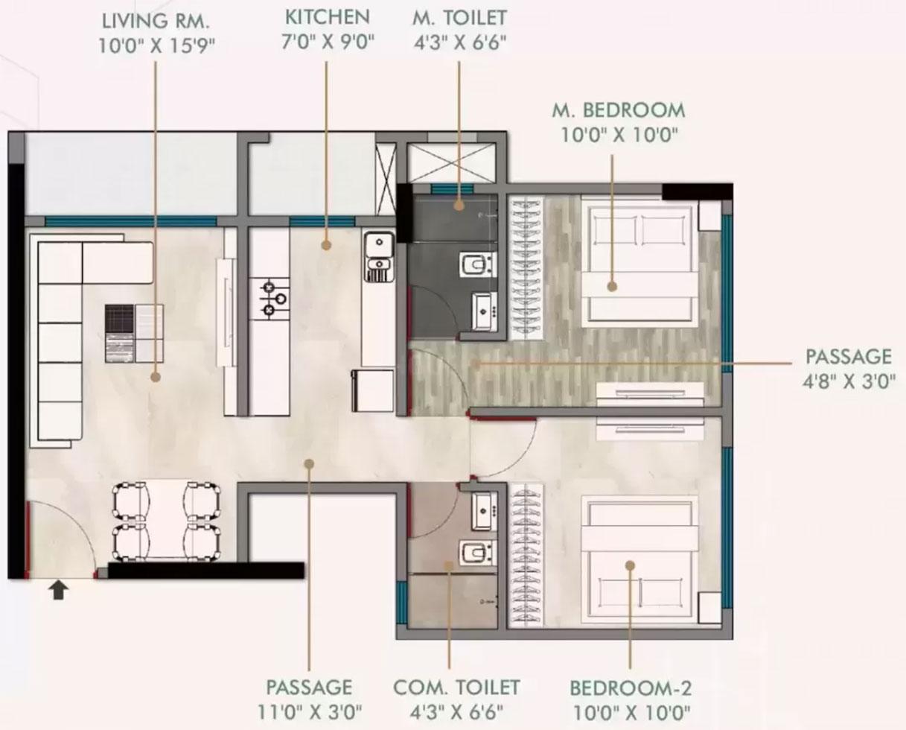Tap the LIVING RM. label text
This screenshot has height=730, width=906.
pyautogui.click(x=156, y=21)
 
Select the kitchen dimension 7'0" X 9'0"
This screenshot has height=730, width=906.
pyautogui.click(x=328, y=42)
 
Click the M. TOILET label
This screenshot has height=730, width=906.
pyautogui.click(x=459, y=18)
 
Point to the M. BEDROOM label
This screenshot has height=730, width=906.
pyautogui.click(x=619, y=110)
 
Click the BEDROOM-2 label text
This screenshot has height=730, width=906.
pyautogui.click(x=631, y=689)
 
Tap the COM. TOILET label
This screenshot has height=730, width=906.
pyautogui.click(x=456, y=688)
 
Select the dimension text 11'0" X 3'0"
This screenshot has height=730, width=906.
pyautogui.click(x=310, y=712)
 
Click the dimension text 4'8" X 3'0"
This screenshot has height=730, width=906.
pyautogui.click(x=849, y=381)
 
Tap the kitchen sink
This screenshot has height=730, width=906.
pyautogui.click(x=380, y=256)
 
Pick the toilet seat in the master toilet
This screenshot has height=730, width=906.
pyautogui.click(x=478, y=264)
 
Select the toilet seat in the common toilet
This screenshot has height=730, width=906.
pyautogui.click(x=478, y=553)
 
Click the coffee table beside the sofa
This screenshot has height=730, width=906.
pyautogui.click(x=134, y=333)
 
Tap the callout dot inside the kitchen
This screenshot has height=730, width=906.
pyautogui.click(x=325, y=245)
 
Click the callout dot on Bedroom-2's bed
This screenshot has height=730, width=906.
pyautogui.click(x=630, y=565)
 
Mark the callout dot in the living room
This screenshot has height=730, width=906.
pyautogui.click(x=156, y=376)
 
